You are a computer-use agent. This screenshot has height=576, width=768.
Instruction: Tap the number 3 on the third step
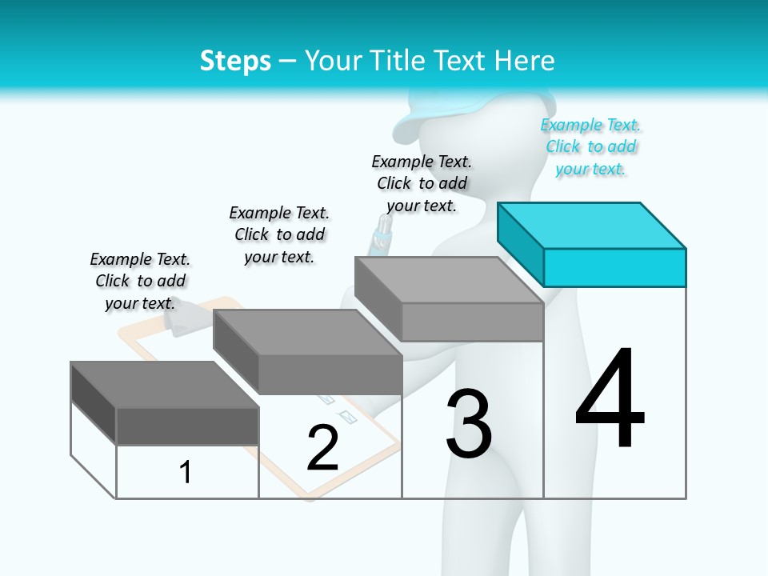[x=469, y=424]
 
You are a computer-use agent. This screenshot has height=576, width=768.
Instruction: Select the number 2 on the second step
[x=322, y=449]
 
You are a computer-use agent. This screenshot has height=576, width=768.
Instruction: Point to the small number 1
[x=186, y=473]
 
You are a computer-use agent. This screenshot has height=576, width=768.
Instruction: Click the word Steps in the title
[x=235, y=61]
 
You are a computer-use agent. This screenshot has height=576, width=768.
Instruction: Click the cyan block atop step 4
[x=592, y=244]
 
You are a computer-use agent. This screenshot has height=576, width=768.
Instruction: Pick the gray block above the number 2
[x=308, y=352]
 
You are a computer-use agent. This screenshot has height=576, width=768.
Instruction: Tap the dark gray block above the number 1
[x=165, y=403]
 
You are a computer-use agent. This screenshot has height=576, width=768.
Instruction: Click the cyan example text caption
[x=590, y=147]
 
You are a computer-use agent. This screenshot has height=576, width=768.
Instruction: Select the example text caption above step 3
[x=422, y=183]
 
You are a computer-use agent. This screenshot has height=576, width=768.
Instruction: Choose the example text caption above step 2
[x=279, y=234]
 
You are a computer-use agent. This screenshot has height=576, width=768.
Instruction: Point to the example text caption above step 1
[x=140, y=281]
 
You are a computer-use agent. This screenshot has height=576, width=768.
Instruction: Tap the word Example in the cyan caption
[x=571, y=125]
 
